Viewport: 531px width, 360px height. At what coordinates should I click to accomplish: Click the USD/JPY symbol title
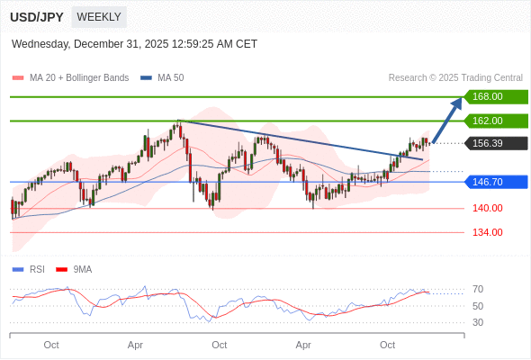click(37, 17)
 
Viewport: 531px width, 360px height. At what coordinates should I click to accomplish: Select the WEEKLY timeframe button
click(99, 17)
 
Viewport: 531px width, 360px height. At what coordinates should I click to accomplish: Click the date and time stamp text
click(134, 43)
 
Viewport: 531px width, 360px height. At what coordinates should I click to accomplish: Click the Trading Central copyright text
click(455, 77)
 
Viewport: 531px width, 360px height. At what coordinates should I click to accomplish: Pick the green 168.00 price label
click(495, 96)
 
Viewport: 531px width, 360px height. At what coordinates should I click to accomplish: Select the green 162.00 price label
click(495, 121)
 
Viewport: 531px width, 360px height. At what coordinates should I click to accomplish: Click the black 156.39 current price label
click(495, 143)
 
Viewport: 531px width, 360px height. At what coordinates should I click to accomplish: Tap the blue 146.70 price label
click(495, 182)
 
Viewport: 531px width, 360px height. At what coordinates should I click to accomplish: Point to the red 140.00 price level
click(487, 208)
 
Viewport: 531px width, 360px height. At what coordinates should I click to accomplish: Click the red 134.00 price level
click(487, 232)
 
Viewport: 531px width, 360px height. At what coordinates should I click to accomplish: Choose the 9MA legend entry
click(82, 269)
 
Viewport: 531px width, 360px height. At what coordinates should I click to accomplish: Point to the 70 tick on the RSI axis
click(478, 289)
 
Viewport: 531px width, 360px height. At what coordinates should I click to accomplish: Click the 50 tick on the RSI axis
click(478, 306)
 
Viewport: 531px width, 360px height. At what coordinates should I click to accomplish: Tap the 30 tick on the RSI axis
click(478, 322)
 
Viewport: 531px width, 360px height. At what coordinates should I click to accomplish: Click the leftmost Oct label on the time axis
click(51, 345)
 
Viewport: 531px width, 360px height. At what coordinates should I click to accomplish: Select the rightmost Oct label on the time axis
click(388, 345)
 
